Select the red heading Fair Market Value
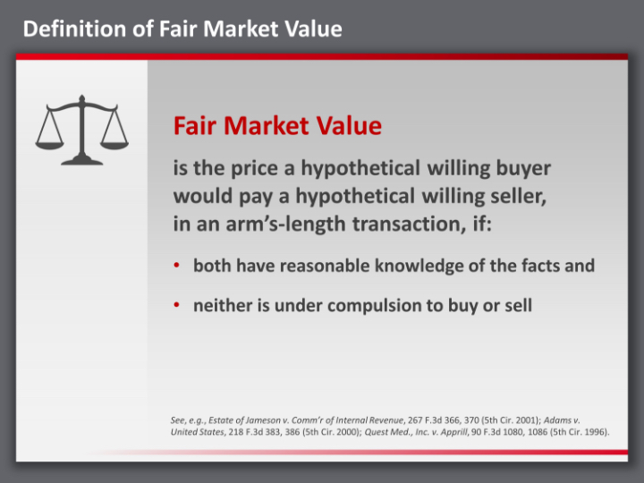click(x=277, y=126)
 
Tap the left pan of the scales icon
click(x=50, y=140)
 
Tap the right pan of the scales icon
click(x=114, y=140)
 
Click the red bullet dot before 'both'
click(x=178, y=266)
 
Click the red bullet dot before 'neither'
click(x=178, y=306)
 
